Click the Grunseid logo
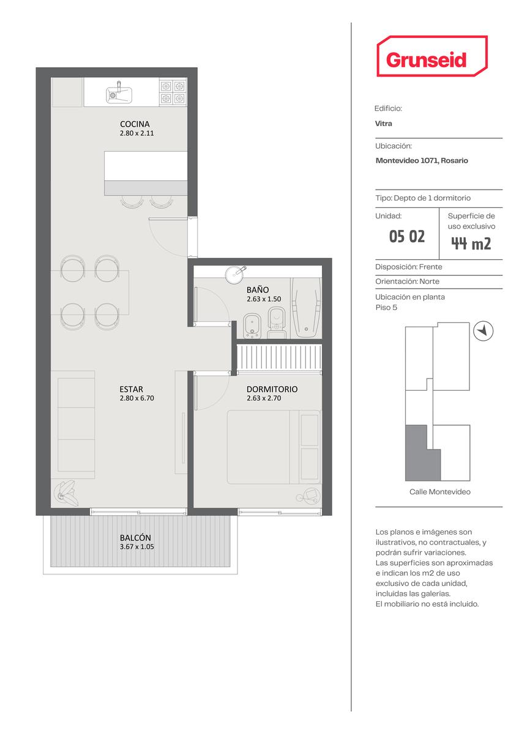click(432, 56)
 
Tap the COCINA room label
click(135, 124)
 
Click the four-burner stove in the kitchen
click(173, 92)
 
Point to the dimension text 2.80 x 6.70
click(136, 398)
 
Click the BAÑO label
click(258, 290)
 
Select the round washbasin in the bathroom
click(235, 274)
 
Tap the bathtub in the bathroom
click(306, 308)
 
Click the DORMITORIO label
click(272, 389)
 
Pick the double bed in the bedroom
click(274, 447)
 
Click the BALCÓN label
click(135, 538)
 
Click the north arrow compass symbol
click(484, 331)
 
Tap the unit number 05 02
click(406, 236)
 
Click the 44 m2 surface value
click(471, 243)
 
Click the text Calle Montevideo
click(439, 492)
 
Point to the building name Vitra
click(384, 124)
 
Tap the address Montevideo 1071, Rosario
click(422, 160)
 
